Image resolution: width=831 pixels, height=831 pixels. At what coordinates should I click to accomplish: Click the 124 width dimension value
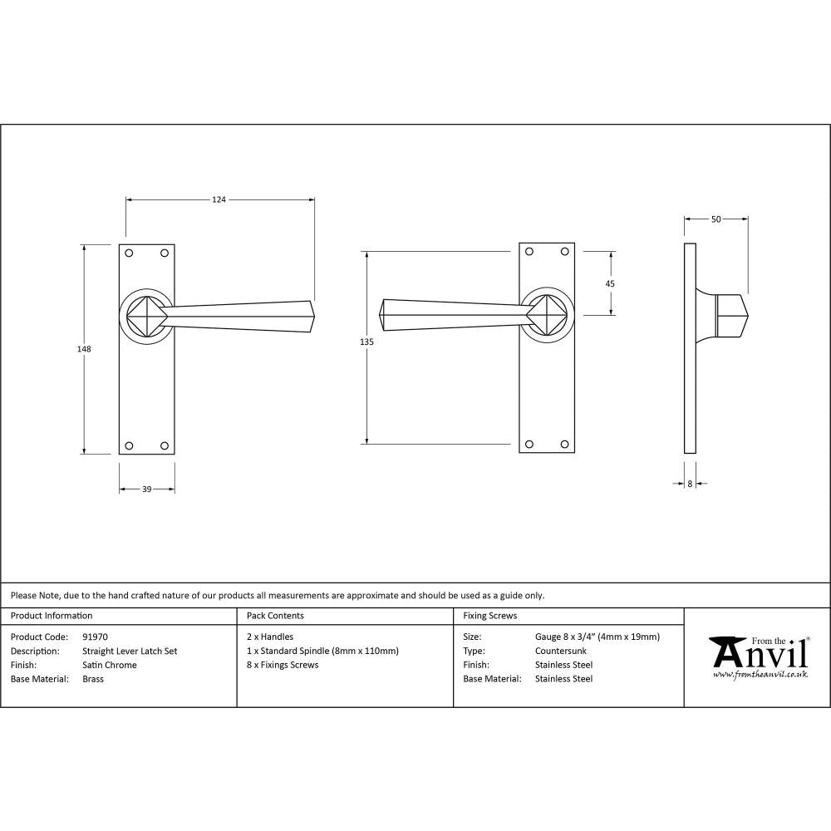point(219,199)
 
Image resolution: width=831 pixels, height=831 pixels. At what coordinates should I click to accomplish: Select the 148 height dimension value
point(84,349)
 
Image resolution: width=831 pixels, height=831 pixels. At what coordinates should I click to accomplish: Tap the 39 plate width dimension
point(146,489)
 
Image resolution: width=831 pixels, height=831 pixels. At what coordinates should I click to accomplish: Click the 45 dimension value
point(610,283)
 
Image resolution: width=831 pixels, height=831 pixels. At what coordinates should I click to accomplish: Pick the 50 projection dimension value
point(715,219)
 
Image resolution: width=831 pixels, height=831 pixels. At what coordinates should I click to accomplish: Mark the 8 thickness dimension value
point(690,483)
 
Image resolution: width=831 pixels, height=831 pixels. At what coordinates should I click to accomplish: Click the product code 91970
point(96,637)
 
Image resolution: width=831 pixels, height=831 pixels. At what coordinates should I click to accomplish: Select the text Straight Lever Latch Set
point(130,652)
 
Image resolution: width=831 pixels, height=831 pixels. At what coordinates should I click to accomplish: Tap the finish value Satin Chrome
point(110,665)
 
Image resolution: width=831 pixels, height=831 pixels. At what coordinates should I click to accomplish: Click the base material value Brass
point(93,679)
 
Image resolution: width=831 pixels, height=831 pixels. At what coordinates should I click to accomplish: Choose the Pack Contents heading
point(275,616)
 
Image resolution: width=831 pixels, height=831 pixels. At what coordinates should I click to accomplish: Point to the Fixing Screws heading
point(489,616)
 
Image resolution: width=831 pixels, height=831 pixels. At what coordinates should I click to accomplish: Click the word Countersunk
point(560,652)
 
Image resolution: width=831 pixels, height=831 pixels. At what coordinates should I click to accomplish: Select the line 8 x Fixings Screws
point(283,665)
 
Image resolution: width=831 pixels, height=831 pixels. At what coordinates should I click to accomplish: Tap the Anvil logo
point(758,653)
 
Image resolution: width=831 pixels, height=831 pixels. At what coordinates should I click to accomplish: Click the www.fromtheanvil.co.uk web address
point(760,675)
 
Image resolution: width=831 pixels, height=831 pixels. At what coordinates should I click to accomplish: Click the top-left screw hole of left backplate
point(129,253)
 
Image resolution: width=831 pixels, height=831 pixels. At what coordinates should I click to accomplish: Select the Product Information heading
point(52,616)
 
